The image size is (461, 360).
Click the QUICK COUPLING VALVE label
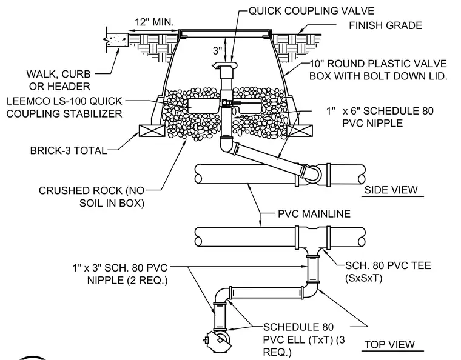(x=311, y=11)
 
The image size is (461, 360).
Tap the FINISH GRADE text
(x=385, y=25)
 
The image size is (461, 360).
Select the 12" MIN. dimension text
(x=154, y=22)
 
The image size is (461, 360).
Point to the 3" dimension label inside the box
(x=218, y=50)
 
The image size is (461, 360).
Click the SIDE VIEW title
(x=391, y=190)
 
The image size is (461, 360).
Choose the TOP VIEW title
(x=389, y=344)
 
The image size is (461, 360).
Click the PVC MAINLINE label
(x=314, y=213)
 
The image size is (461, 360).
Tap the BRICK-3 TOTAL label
(x=68, y=150)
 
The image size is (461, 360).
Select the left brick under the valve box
(x=152, y=130)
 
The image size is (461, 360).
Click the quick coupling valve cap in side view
(x=224, y=65)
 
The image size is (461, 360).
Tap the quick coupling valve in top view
(x=217, y=341)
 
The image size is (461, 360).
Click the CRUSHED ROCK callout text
(x=92, y=197)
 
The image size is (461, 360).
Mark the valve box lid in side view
(x=225, y=32)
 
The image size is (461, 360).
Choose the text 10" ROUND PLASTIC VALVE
(x=378, y=64)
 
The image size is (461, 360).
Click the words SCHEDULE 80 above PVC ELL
(x=298, y=327)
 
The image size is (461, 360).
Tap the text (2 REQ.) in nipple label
(x=147, y=281)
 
